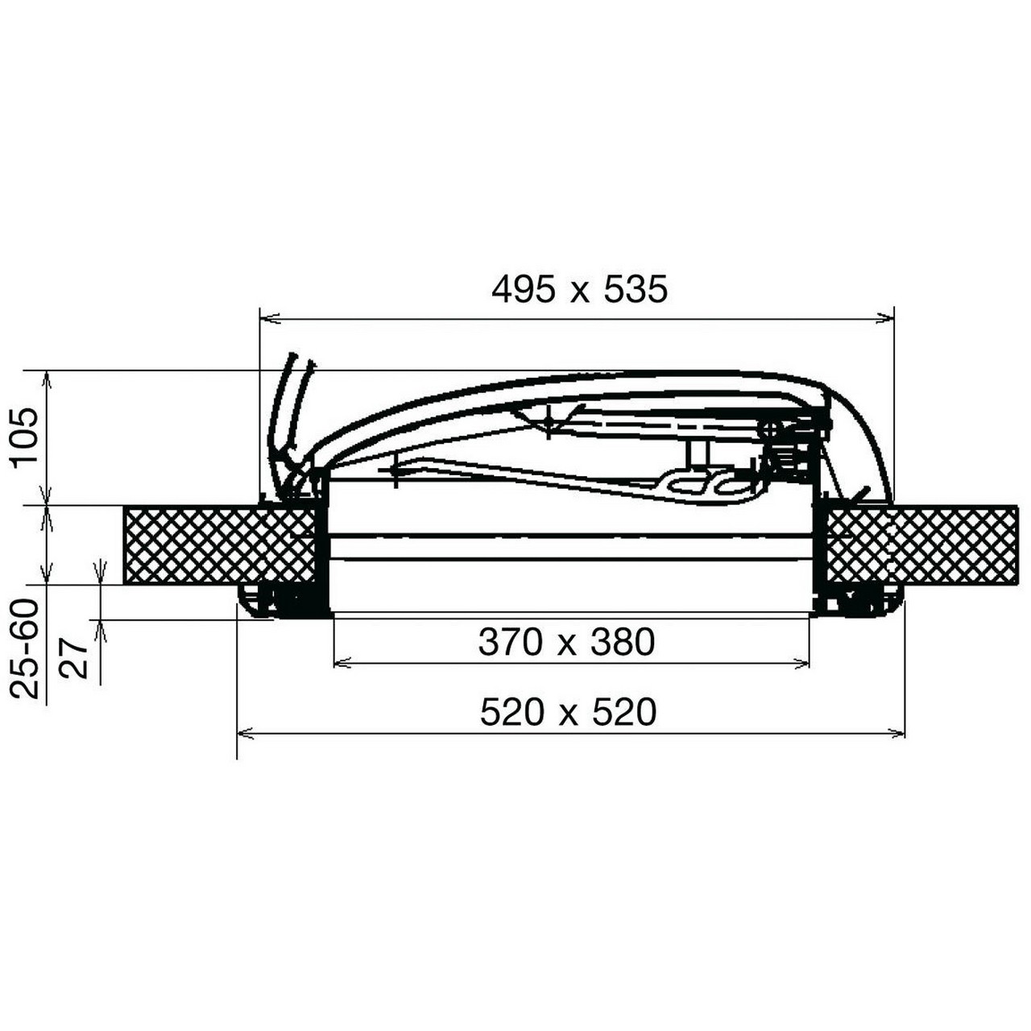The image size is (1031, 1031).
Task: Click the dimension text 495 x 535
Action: (x=579, y=291)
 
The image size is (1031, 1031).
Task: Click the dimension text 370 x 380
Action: (x=566, y=643)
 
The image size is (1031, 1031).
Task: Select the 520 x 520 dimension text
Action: (x=568, y=712)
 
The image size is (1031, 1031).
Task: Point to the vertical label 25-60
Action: (x=25, y=649)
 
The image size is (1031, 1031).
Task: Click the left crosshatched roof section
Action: (x=219, y=545)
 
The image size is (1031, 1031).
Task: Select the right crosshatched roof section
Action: (x=921, y=545)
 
